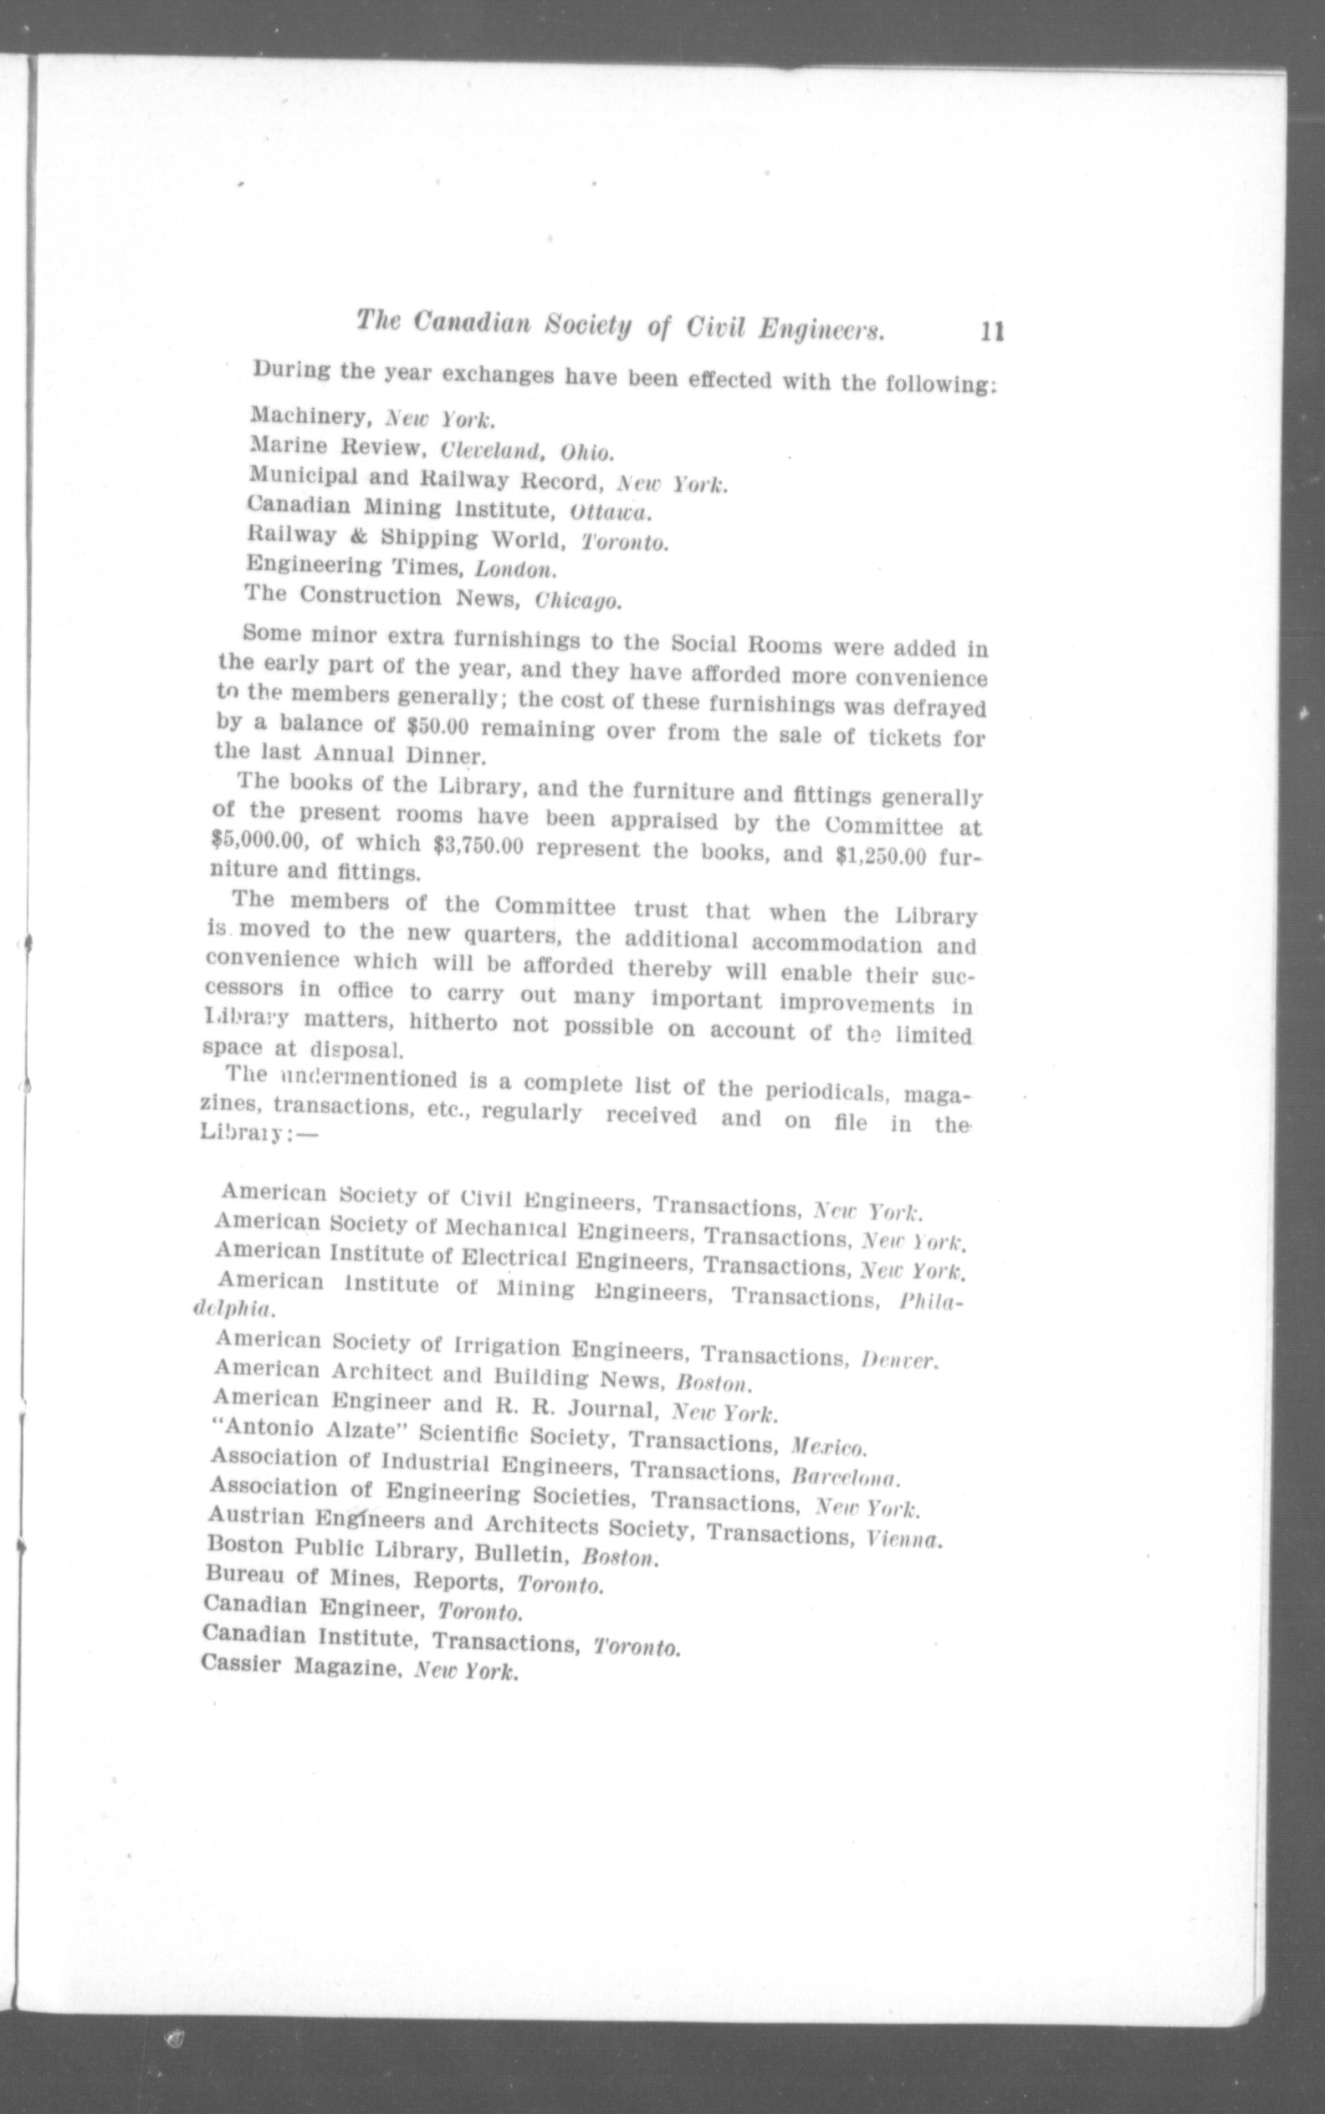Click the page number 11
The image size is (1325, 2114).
(x=992, y=332)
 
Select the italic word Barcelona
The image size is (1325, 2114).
(x=845, y=1476)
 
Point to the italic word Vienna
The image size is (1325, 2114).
(x=903, y=1539)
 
